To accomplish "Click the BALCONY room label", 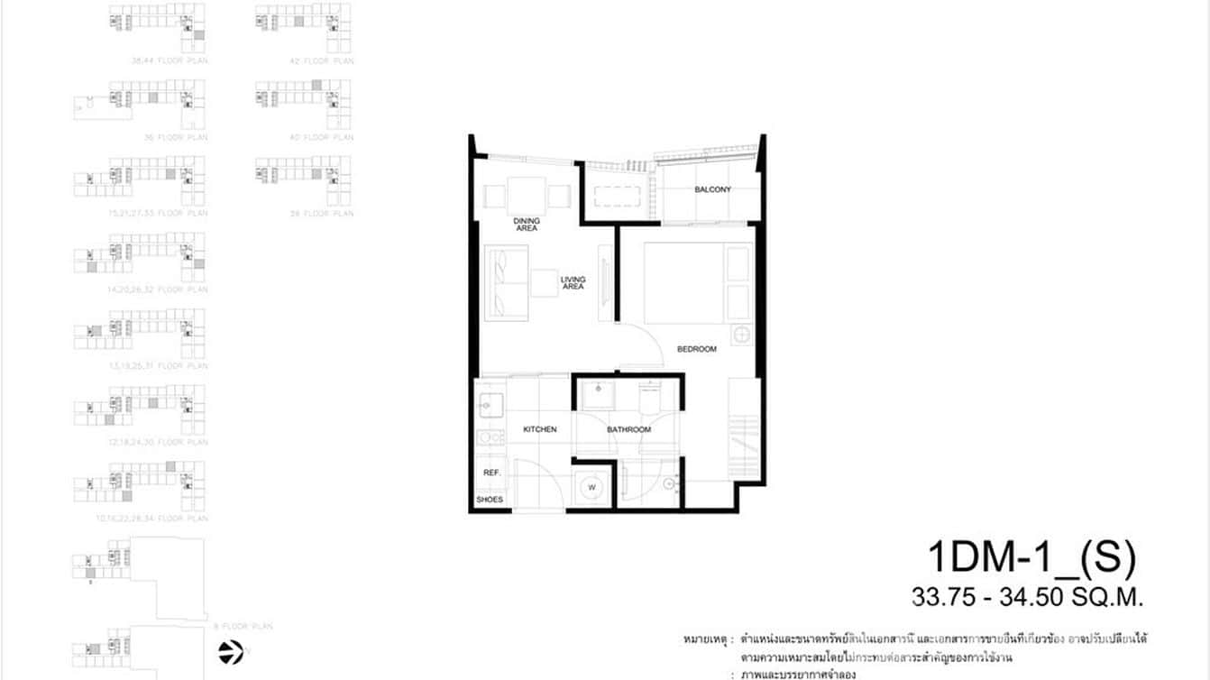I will pos(712,189).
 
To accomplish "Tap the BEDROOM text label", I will pos(696,349).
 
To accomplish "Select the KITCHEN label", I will pos(539,429).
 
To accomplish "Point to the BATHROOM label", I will pos(628,429).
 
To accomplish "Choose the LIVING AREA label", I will pos(573,282).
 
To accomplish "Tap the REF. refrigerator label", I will pos(491,473).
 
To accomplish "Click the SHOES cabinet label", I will pos(490,500).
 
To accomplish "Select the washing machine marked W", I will pos(593,488).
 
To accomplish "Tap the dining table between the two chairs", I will pos(527,195).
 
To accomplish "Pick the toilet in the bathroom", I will pos(650,394).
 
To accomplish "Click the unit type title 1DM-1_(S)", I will pos(1031,559).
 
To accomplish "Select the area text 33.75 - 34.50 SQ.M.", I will pos(1027,596).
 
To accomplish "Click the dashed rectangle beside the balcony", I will pos(619,195).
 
